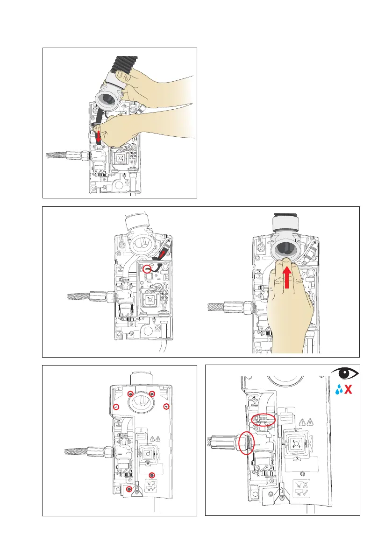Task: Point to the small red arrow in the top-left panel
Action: coord(98,137)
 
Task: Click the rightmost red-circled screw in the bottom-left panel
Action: coord(166,408)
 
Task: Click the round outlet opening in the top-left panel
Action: coord(107,99)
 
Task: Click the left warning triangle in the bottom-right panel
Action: coord(301,422)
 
